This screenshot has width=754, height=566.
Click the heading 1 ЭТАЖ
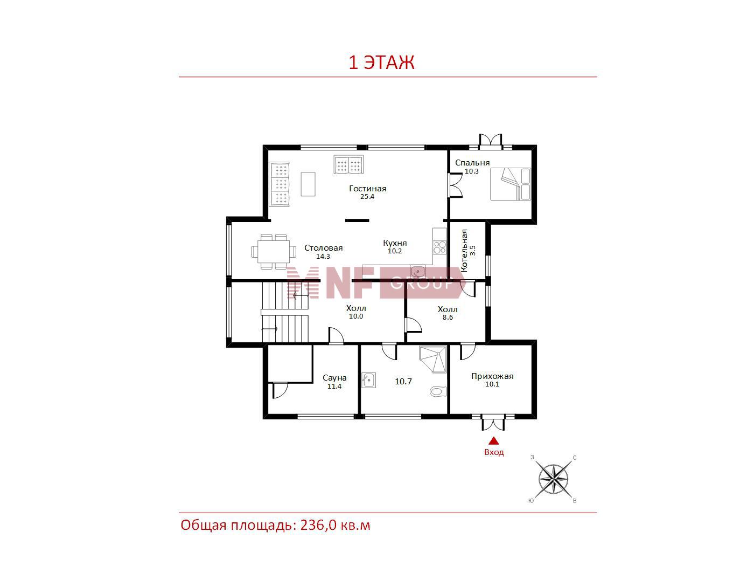coord(381,62)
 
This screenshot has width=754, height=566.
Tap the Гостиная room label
coord(367,188)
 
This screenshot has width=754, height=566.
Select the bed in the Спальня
coord(510,184)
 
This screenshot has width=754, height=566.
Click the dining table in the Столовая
coord(274,252)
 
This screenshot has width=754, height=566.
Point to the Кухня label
coord(395,243)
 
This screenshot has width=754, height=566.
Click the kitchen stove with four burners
coord(439,247)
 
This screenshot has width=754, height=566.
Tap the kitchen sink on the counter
coord(418,272)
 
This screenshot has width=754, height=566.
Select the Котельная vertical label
coord(464,251)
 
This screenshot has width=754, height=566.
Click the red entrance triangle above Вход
coord(494,441)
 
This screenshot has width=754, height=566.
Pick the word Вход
coord(494,453)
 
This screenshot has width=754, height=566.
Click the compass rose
coord(553,479)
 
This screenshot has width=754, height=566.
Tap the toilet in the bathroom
coord(438,391)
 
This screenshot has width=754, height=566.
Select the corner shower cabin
coord(433,359)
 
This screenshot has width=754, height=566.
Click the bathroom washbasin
coord(369,380)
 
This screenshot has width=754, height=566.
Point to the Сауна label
coord(334,378)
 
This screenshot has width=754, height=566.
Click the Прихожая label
coord(492,376)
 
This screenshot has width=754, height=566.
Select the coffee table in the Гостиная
coord(308,184)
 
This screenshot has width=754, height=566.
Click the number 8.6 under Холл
coord(448,317)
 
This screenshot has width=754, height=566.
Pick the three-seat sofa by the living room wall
coord(280,184)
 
